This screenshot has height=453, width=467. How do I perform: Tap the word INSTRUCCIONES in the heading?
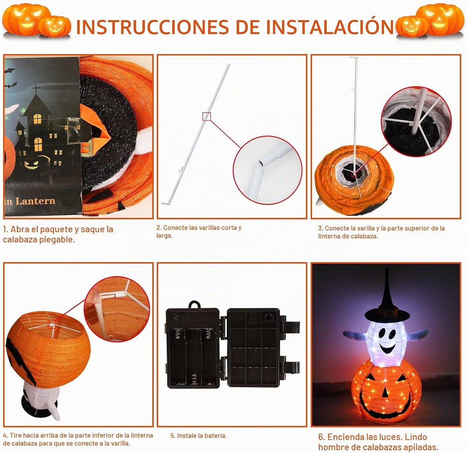tap(153, 27)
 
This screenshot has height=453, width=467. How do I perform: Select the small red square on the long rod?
tap(207, 116)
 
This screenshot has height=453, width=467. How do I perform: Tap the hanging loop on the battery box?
tap(194, 305)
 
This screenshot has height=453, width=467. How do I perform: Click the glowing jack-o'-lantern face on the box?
tap(31, 164)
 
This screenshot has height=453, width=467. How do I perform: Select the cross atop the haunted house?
tap(36, 89)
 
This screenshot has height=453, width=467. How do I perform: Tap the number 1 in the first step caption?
tap(5, 229)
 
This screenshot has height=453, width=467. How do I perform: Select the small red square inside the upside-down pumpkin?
tap(52, 325)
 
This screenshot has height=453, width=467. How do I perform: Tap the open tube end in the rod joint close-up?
tap(261, 164)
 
